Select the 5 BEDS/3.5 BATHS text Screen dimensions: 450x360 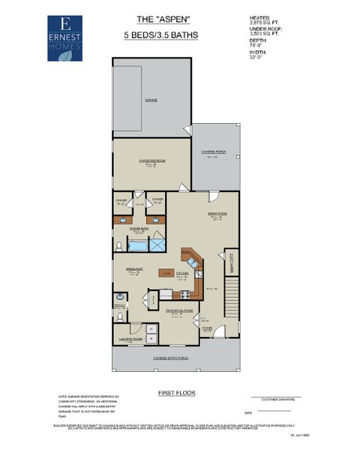pos(158,35)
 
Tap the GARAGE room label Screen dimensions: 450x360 pos(152,99)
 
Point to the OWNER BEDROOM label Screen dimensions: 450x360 pos(151,161)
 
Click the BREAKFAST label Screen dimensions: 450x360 pos(134,269)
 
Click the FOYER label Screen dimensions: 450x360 pos(207,328)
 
